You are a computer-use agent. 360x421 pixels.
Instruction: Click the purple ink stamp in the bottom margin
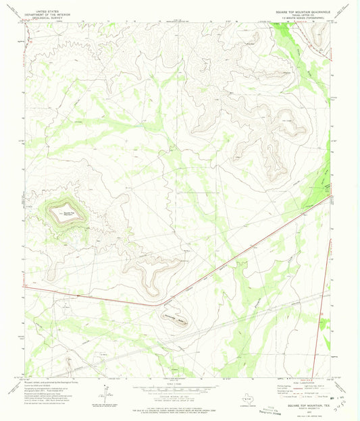pos(270,409)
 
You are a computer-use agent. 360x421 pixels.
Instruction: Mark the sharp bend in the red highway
pos(168,302)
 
